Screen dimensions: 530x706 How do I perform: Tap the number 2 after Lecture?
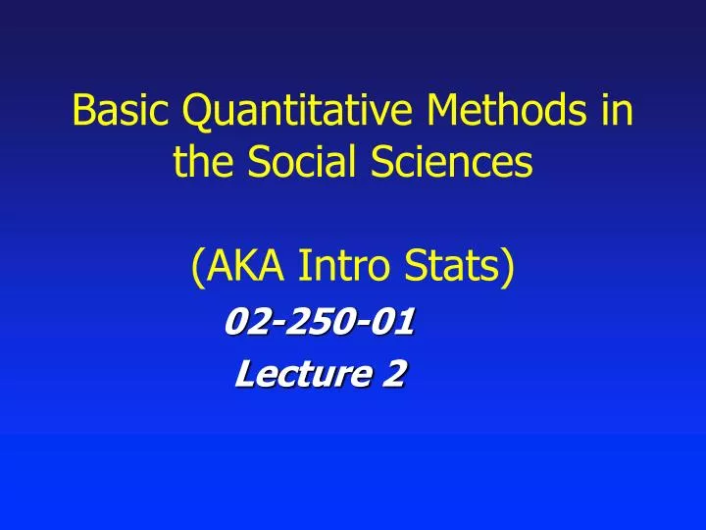click(394, 374)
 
